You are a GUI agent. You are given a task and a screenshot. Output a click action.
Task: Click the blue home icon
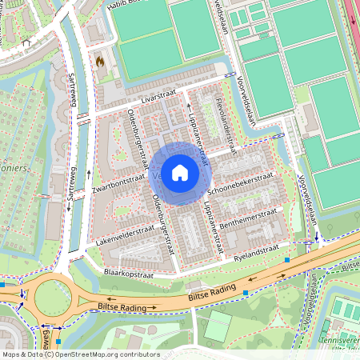click(x=180, y=172)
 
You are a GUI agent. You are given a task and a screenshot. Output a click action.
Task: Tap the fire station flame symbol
click(x=100, y=61)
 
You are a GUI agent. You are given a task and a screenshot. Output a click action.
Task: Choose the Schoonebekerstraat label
click(x=239, y=183)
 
